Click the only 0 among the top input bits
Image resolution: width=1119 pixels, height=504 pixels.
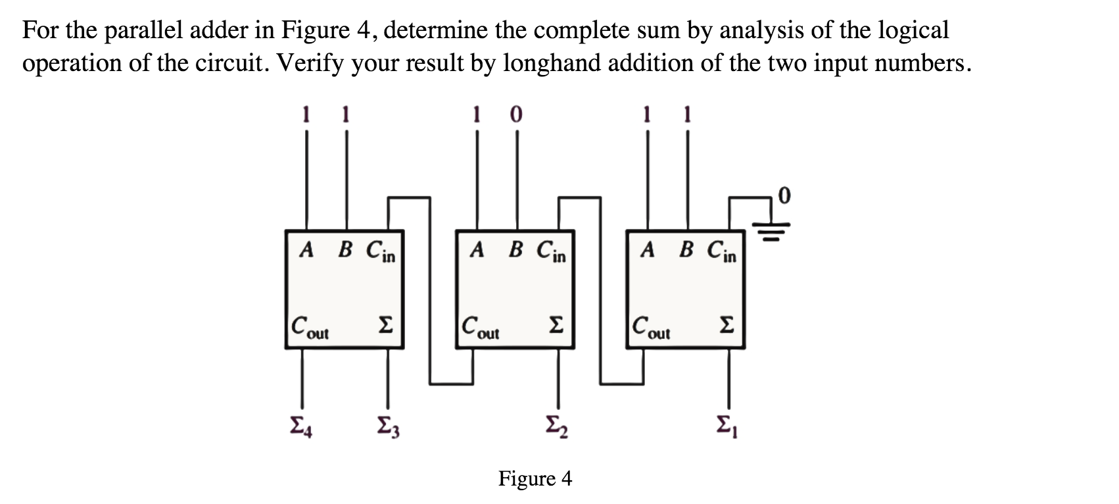click(516, 115)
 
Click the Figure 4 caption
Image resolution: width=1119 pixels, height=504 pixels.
click(535, 478)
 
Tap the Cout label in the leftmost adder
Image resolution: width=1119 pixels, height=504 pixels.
click(310, 327)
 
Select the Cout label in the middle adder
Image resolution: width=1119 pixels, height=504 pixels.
click(480, 327)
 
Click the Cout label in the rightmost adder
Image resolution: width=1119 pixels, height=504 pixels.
click(650, 327)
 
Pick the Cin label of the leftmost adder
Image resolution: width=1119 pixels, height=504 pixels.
click(381, 251)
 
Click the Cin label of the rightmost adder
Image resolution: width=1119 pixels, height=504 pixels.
click(723, 251)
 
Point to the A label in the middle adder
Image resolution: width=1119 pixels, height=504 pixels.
click(478, 249)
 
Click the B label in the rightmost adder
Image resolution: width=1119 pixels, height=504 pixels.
click(687, 249)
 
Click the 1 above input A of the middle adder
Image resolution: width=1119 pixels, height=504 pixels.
click(478, 115)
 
